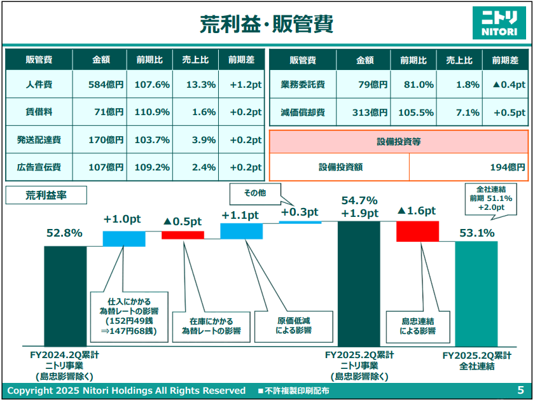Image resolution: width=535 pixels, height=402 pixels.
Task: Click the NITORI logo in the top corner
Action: point(500,23)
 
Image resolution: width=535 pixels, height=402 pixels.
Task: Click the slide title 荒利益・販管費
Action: point(267,24)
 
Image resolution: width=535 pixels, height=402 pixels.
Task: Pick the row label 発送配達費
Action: point(39,140)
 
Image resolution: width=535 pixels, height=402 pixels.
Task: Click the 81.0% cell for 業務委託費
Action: point(417,84)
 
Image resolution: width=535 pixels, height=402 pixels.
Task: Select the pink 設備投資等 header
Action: point(399,141)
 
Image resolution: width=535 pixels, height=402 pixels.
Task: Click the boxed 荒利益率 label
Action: point(46,195)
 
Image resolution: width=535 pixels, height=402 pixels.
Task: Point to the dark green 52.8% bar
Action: point(65,296)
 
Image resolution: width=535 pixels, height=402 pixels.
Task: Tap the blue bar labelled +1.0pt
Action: point(124,239)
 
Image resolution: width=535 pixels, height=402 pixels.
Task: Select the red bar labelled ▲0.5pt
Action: point(183,235)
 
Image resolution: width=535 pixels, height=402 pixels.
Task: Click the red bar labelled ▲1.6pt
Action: point(417,231)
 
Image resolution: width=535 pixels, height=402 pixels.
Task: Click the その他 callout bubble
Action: point(255,192)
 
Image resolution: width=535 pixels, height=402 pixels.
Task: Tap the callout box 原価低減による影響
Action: point(293,326)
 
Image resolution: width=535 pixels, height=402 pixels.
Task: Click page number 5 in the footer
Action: point(520,390)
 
